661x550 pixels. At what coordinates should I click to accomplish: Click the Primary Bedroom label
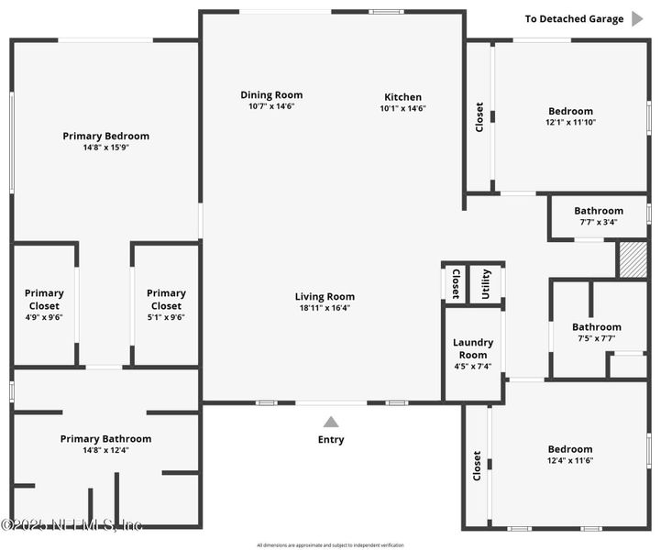click(x=105, y=137)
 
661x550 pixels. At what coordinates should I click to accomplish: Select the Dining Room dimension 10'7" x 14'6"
click(x=271, y=106)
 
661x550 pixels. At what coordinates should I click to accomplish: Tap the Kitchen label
click(x=402, y=97)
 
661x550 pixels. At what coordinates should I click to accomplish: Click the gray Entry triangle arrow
click(x=331, y=422)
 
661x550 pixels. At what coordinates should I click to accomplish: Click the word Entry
click(x=331, y=440)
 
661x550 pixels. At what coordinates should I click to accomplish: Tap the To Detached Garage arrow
click(x=638, y=18)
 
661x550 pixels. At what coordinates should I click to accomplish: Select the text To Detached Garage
click(x=574, y=18)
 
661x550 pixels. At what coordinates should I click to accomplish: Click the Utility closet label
click(x=486, y=284)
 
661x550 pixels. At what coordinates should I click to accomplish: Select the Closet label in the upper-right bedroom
click(x=479, y=116)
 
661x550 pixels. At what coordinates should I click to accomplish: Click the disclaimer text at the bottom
click(x=330, y=544)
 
